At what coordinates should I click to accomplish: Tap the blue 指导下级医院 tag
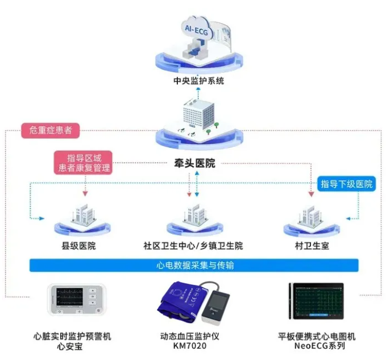click(347, 184)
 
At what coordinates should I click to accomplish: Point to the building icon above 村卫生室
click(310, 214)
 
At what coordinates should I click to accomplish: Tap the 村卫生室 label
click(310, 246)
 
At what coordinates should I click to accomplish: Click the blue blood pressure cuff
click(180, 302)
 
